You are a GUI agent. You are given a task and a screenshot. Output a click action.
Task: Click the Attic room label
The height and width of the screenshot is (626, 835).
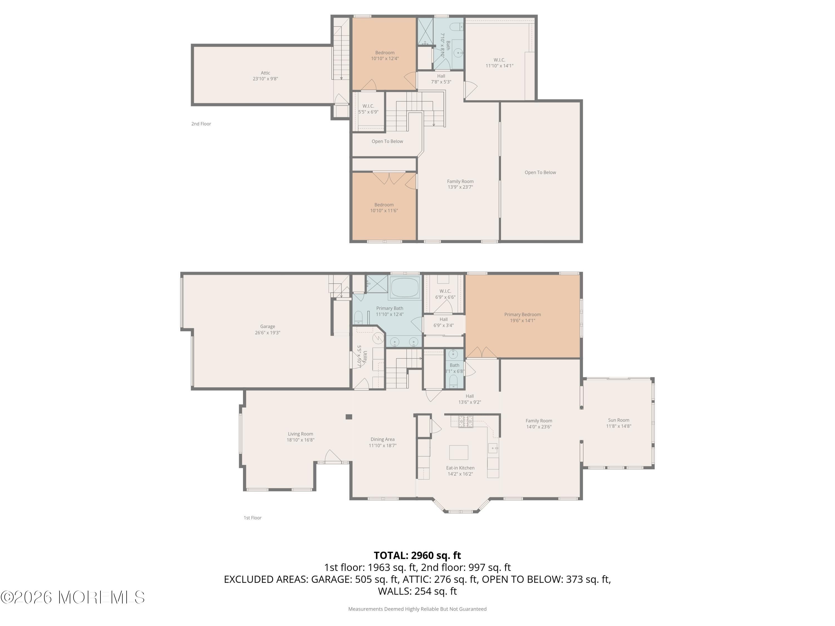265,73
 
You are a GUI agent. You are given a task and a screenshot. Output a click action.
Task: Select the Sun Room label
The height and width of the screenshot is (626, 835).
618,420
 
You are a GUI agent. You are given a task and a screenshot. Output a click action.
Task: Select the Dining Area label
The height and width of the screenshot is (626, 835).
382,439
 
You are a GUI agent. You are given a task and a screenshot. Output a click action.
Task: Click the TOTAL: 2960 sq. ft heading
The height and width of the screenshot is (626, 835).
417,555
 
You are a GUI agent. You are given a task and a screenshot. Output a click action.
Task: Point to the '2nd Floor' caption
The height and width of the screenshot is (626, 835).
201,124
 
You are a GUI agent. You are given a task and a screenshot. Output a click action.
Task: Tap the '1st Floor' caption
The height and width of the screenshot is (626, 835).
252,518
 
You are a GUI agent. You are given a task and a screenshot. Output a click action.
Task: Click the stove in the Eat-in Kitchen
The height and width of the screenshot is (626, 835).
465,421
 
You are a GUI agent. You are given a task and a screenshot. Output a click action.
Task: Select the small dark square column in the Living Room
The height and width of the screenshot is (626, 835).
349,417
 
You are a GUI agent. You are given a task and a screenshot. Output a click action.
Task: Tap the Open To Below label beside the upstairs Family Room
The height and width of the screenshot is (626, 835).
540,172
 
